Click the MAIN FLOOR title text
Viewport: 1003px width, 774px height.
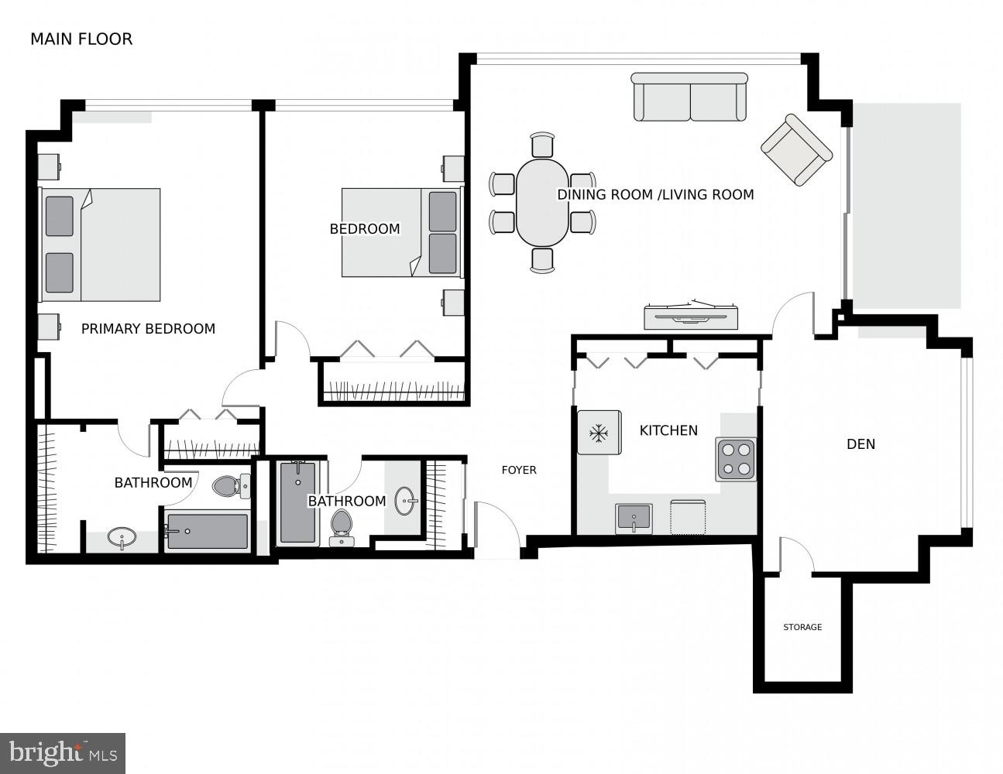tap(81, 39)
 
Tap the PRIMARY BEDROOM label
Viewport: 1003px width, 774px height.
tap(148, 329)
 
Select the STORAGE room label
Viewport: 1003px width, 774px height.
tap(802, 627)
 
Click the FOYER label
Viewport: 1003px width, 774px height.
tap(519, 470)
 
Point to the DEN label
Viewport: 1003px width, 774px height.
tap(860, 444)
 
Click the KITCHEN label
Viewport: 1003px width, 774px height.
tap(668, 430)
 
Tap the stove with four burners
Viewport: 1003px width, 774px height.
tap(736, 459)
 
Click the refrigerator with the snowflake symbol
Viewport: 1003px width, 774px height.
tap(599, 433)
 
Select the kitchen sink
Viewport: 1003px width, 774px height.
tap(634, 518)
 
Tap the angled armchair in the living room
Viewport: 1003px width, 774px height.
tap(797, 149)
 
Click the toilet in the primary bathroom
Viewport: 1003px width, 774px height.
tap(230, 486)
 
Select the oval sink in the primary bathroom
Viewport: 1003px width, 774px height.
tap(122, 537)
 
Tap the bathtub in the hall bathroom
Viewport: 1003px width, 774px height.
tap(298, 502)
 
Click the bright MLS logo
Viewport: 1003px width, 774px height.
tap(63, 753)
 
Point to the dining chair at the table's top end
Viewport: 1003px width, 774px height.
tap(543, 144)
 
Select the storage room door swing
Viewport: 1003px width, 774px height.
tap(795, 556)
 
